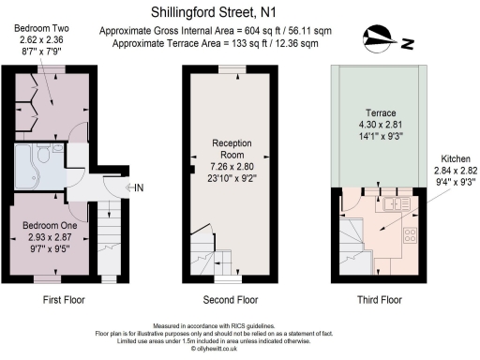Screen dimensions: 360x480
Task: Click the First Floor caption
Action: click(x=65, y=300)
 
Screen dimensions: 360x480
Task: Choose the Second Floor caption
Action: click(x=231, y=300)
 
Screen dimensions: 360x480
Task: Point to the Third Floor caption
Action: click(x=379, y=300)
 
